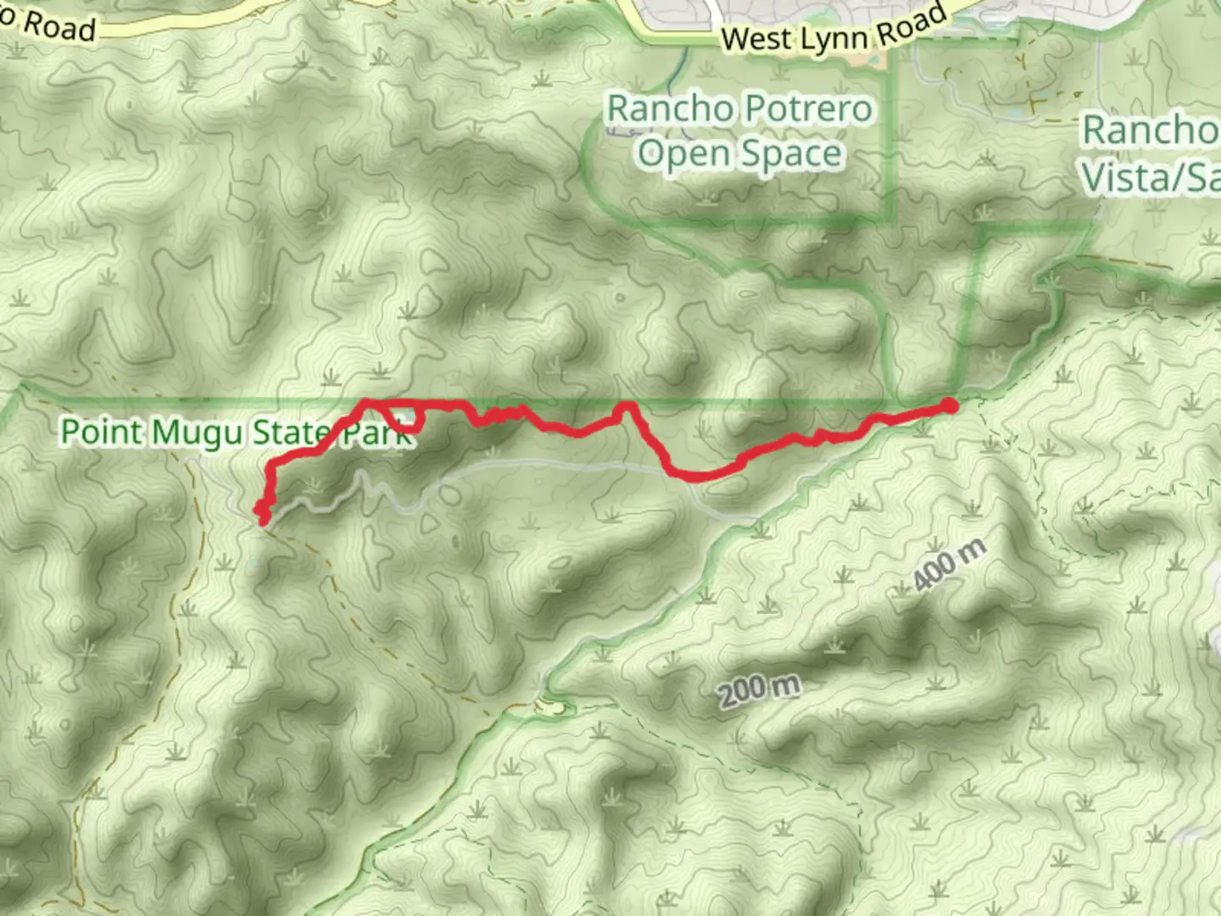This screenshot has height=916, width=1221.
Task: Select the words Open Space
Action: (x=740, y=154)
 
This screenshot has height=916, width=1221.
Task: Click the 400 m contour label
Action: (x=950, y=565)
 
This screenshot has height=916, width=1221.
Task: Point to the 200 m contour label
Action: (x=760, y=690)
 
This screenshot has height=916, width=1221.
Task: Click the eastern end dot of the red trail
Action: (x=951, y=406)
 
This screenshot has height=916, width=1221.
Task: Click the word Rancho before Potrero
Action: (x=670, y=109)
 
